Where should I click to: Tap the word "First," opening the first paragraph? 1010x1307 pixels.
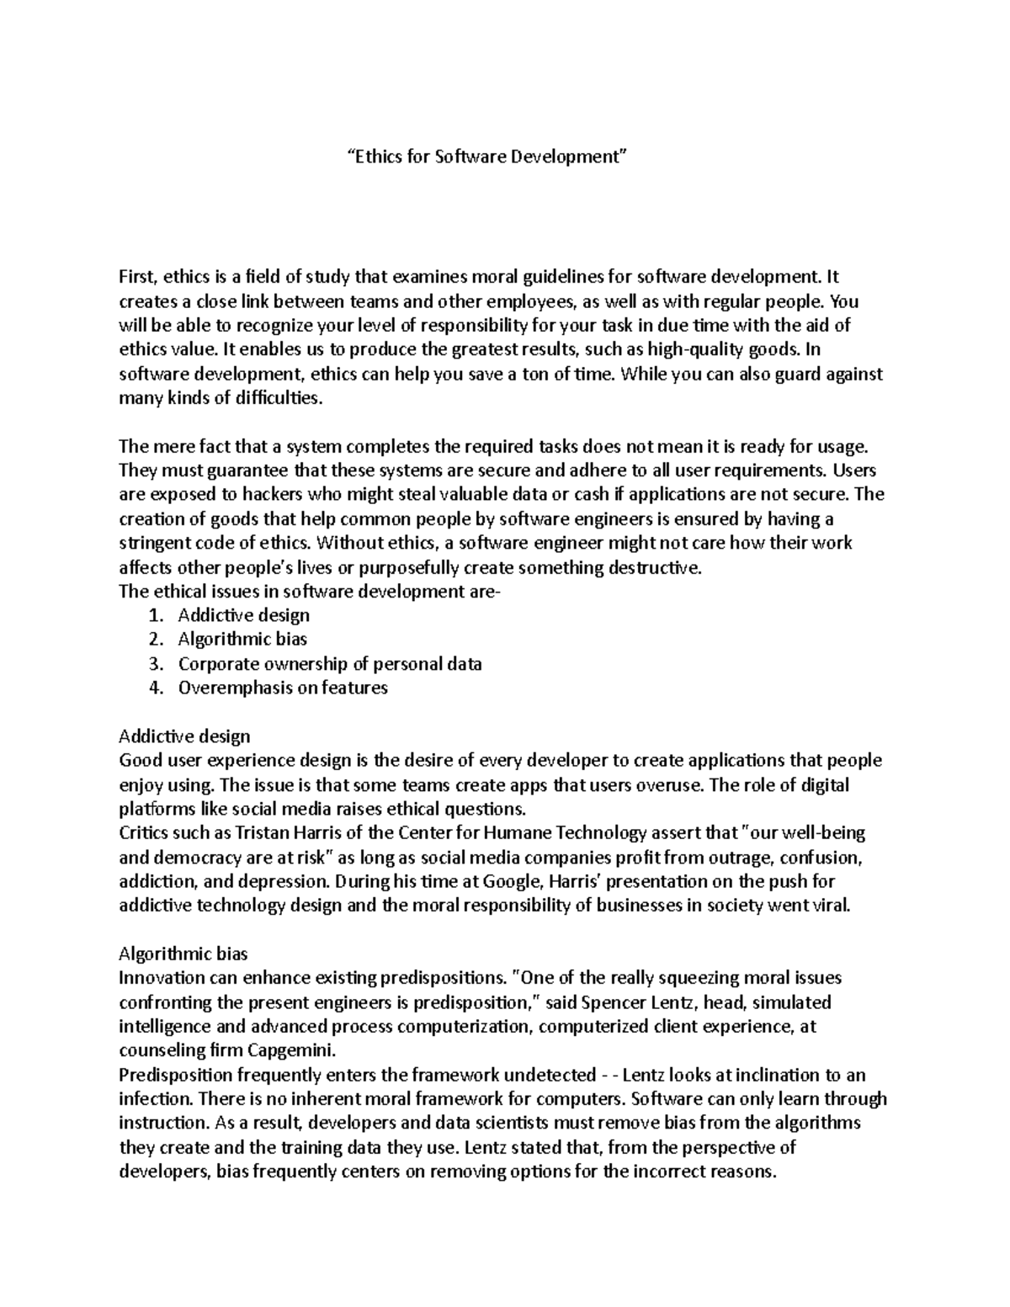pyautogui.click(x=138, y=277)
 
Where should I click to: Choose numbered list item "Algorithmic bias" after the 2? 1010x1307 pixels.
pyautogui.click(x=242, y=639)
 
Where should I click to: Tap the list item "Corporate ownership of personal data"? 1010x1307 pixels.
pyautogui.click(x=330, y=663)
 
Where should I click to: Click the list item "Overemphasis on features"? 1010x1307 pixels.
pyautogui.click(x=283, y=687)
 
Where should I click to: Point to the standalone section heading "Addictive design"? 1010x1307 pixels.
pyautogui.click(x=184, y=736)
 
